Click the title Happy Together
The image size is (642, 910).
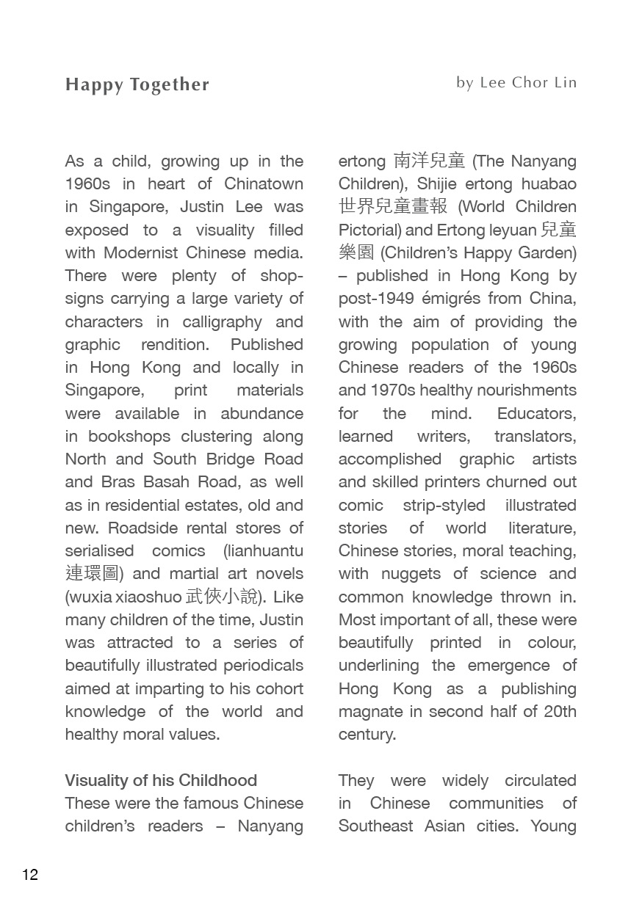[x=137, y=85]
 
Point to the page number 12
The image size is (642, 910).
[x=30, y=875]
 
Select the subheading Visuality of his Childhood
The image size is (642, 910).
[x=161, y=780]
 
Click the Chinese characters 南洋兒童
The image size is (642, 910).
[x=429, y=160]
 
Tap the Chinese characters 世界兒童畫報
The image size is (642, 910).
[x=393, y=206]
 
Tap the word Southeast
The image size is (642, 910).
[x=375, y=826]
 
